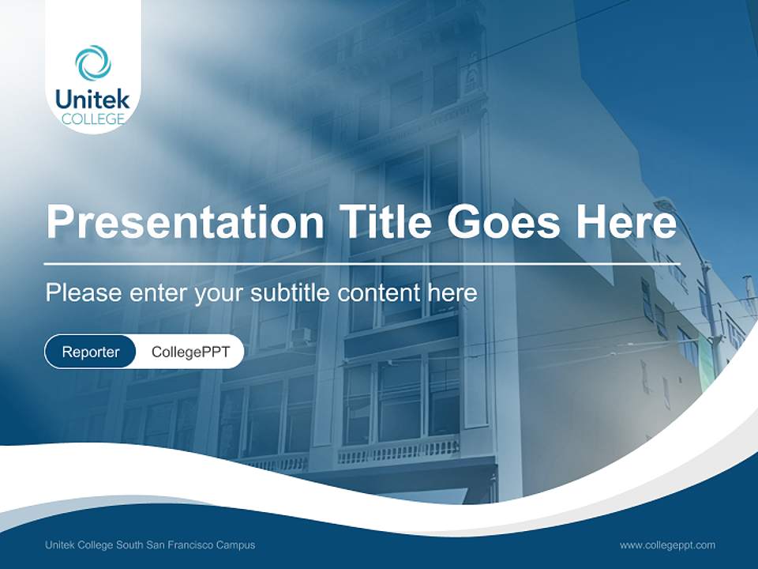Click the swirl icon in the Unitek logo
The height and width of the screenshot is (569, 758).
coord(92,62)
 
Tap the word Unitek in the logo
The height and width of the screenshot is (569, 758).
coord(92,100)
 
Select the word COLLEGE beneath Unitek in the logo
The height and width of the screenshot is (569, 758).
coord(92,119)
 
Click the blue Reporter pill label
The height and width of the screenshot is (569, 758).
coord(90,352)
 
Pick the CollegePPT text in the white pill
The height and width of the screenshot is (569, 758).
coord(190,352)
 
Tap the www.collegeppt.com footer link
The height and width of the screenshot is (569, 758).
coord(667,545)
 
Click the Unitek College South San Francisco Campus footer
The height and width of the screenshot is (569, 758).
coord(150,545)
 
